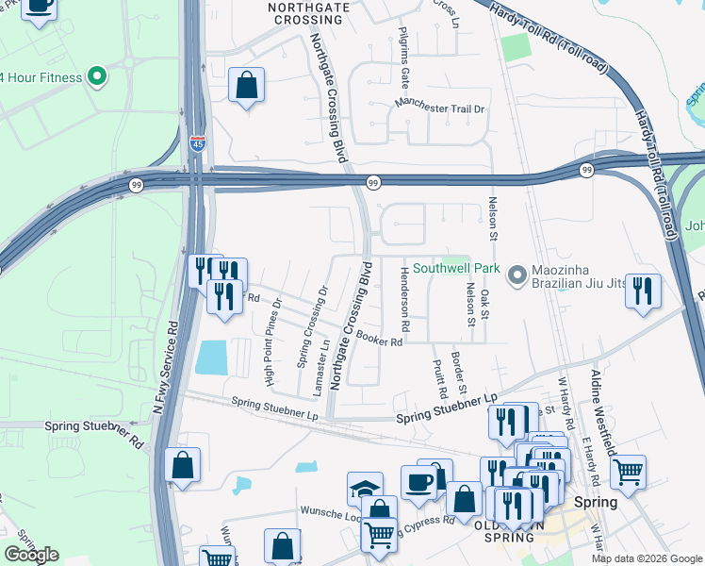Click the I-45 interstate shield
[197, 143]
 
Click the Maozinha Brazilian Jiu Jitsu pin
[516, 275]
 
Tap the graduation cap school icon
[365, 489]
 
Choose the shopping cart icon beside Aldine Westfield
[627, 469]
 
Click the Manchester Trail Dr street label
[439, 108]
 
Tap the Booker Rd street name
[380, 342]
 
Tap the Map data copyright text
[646, 558]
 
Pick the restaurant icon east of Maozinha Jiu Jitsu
[643, 290]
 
